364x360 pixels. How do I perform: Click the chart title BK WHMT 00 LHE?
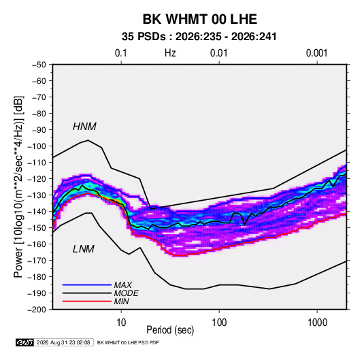(x=199, y=19)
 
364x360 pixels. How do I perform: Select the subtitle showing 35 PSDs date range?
(x=199, y=37)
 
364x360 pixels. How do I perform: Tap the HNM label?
(x=84, y=127)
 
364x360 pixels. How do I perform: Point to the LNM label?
(x=84, y=249)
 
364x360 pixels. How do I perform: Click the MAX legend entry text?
(x=123, y=284)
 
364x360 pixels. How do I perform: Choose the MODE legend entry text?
(x=127, y=293)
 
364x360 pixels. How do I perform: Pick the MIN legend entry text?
(x=121, y=301)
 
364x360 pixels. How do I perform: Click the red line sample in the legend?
(x=87, y=301)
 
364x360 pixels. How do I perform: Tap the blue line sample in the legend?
(x=87, y=284)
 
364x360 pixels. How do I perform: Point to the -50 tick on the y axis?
(x=39, y=65)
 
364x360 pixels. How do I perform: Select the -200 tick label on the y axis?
(x=37, y=310)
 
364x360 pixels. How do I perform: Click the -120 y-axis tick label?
(x=37, y=179)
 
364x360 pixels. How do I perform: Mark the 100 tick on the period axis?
(x=219, y=323)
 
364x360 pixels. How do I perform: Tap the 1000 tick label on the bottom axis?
(x=317, y=323)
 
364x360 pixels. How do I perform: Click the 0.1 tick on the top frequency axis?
(x=121, y=53)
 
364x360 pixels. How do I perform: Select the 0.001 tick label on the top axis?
(x=316, y=53)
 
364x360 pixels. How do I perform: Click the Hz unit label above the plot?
(x=170, y=53)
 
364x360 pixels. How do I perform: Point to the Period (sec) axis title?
(x=170, y=330)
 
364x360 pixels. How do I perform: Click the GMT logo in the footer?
(x=25, y=342)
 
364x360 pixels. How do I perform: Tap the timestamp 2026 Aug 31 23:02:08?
(x=63, y=342)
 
